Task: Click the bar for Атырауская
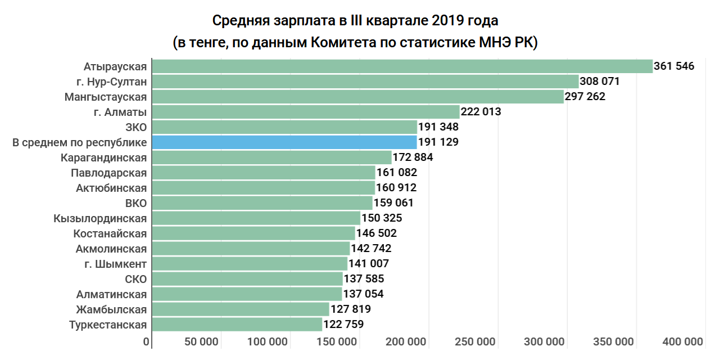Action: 402,66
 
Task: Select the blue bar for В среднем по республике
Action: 284,142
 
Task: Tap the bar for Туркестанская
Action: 237,325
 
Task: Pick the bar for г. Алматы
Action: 306,112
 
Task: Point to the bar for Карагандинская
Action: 272,157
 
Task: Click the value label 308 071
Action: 599,82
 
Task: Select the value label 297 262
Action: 585,97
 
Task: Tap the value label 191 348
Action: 438,127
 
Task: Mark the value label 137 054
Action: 363,294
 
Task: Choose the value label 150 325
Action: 382,218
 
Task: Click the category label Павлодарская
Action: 109,173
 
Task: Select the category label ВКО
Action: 136,203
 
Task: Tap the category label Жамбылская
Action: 112,309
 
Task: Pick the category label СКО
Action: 136,279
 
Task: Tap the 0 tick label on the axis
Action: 146,341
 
